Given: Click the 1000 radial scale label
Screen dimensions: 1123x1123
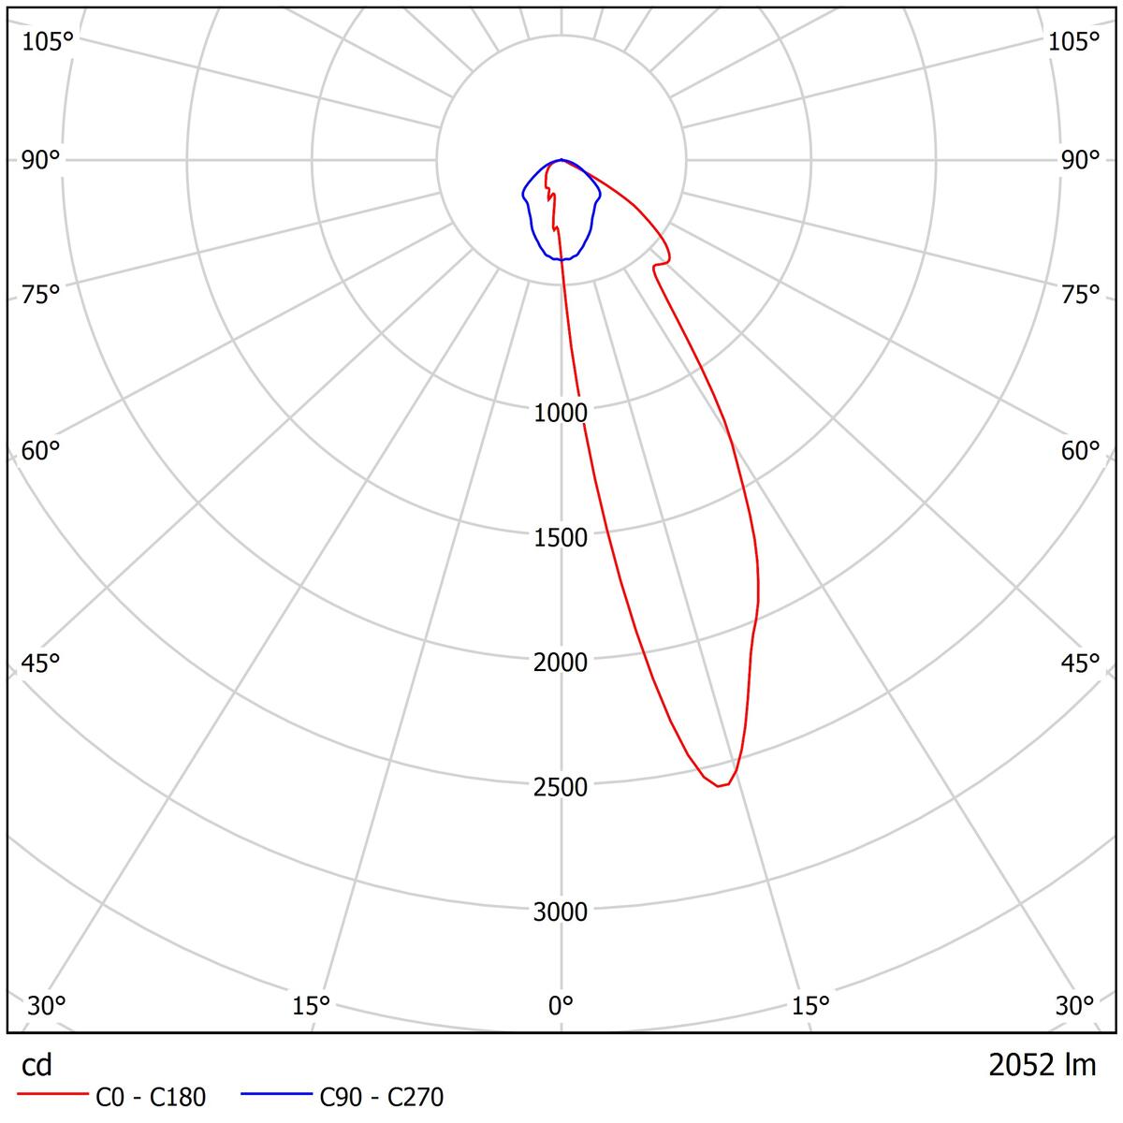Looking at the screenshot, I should (x=561, y=413).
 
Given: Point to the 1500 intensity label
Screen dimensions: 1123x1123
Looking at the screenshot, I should (x=561, y=537).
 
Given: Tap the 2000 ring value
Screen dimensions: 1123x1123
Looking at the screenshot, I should (x=561, y=662).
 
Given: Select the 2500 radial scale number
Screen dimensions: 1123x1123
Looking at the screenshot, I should (x=561, y=786).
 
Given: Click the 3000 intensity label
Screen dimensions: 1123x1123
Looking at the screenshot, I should (x=561, y=912).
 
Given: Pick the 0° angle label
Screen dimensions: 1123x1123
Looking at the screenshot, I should (x=561, y=1006).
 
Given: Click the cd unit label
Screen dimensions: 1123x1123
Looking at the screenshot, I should (x=37, y=1065).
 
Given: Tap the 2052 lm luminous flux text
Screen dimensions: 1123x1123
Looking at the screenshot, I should (x=1042, y=1065).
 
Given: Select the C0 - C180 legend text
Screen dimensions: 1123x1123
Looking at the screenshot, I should (x=151, y=1097).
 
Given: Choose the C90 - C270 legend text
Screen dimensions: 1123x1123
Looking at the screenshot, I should (x=382, y=1097).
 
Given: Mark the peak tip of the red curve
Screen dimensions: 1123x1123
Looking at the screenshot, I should (x=719, y=786).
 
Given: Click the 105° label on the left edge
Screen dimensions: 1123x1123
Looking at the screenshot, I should (x=47, y=41).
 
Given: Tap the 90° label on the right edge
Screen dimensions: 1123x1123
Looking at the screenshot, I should (x=1080, y=160).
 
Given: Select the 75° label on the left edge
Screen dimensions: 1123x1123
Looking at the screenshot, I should (x=41, y=294).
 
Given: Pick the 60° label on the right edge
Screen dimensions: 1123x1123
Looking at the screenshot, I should (x=1080, y=451).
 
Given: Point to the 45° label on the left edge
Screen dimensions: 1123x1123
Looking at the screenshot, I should (x=41, y=664).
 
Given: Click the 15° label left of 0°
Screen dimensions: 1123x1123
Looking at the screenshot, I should (x=312, y=1006).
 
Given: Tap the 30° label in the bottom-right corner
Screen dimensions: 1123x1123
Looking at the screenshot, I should (x=1074, y=1006).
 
